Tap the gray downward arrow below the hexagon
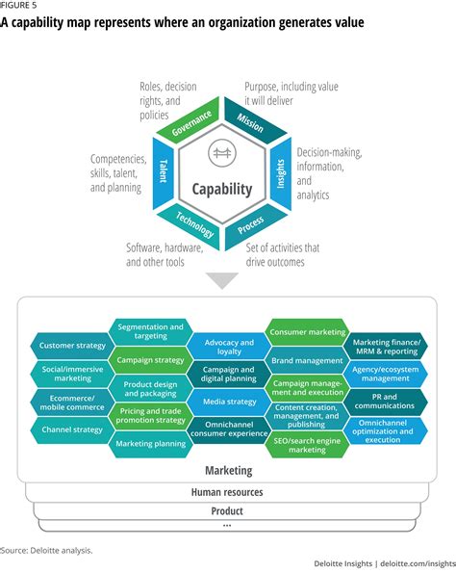click(223, 280)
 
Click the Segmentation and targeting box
click(149, 332)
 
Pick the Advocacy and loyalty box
click(228, 346)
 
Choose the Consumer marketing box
click(307, 332)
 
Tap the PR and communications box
click(386, 400)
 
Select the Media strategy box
click(228, 401)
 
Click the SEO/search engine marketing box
click(307, 444)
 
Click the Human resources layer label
click(228, 492)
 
